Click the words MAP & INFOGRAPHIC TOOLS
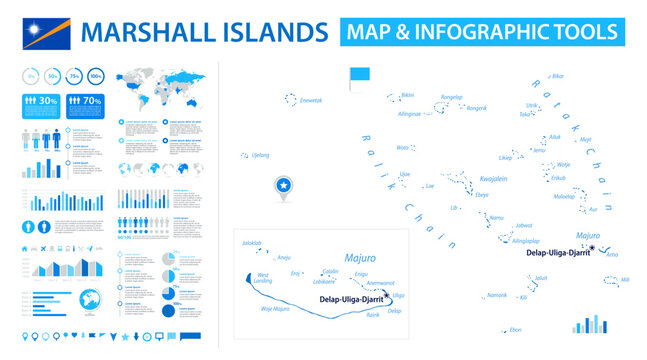pyautogui.click(x=481, y=31)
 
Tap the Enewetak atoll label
pyautogui.click(x=311, y=100)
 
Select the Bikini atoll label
pyautogui.click(x=407, y=95)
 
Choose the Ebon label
pyautogui.click(x=515, y=329)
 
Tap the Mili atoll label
pyautogui.click(x=625, y=279)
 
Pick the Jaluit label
pyautogui.click(x=541, y=277)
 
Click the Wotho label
pyautogui.click(x=402, y=147)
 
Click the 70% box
pyautogui.click(x=86, y=100)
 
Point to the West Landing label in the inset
pyautogui.click(x=263, y=278)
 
